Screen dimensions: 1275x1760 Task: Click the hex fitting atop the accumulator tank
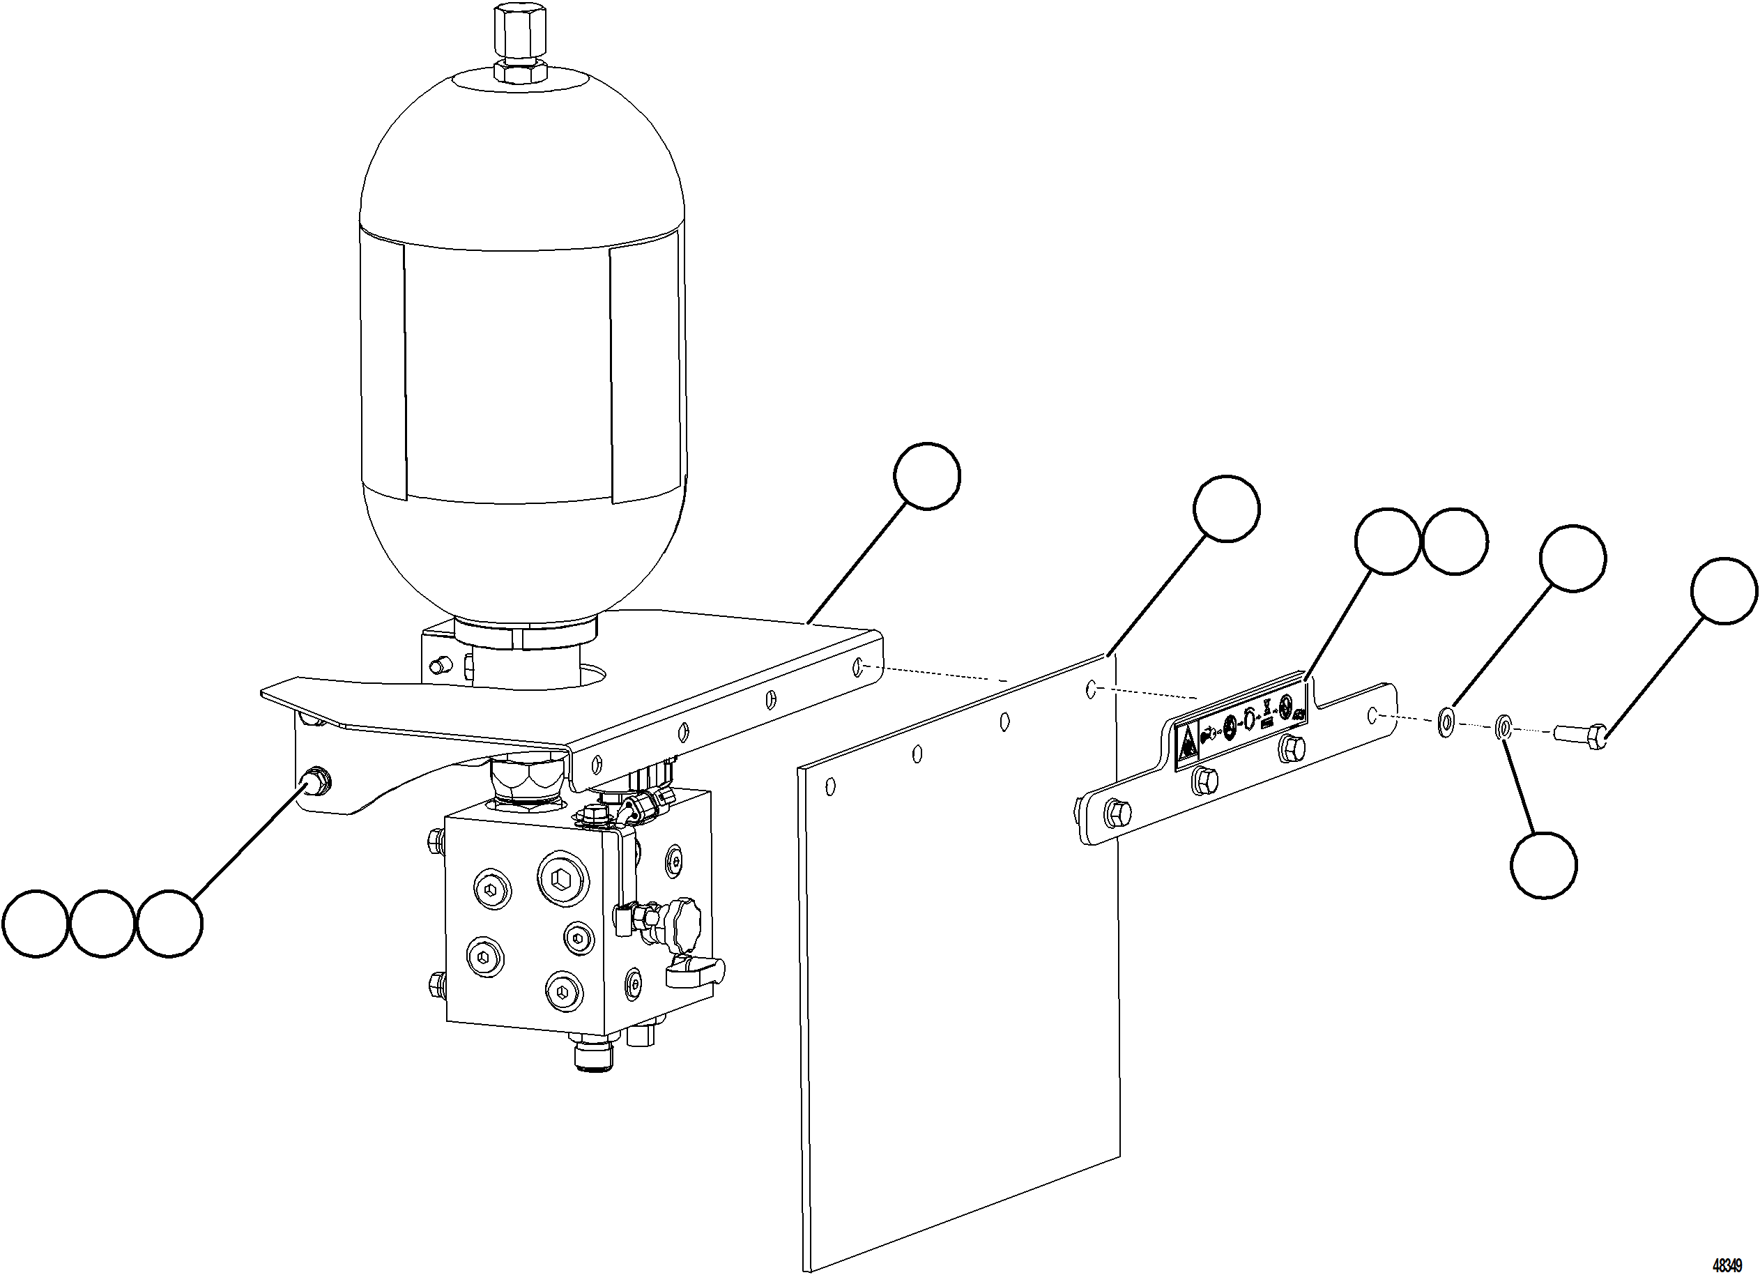[520, 39]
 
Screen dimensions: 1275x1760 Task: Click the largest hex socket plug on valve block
[560, 878]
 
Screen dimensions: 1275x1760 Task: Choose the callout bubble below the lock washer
[1543, 865]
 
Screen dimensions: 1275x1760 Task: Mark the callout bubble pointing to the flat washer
[1572, 559]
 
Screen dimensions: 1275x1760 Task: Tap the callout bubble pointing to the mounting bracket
[926, 475]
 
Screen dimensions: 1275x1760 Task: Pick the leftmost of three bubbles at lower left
[35, 924]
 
